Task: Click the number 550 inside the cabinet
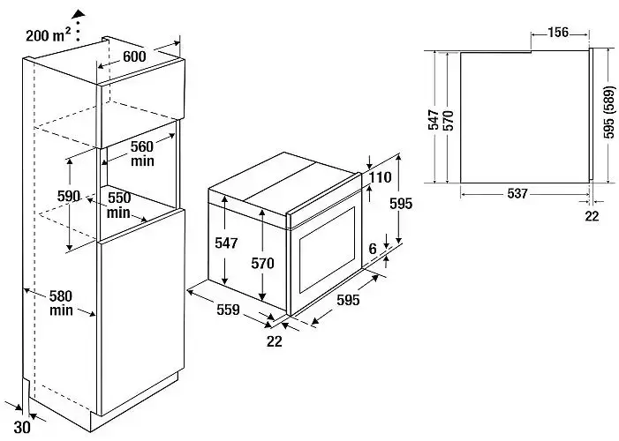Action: tap(120, 199)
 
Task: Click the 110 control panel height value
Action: tap(381, 178)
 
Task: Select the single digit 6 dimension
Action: tap(373, 250)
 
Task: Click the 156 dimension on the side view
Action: tap(557, 33)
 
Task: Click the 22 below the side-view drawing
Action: tap(592, 214)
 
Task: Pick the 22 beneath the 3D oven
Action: tap(275, 341)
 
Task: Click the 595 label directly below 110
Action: tap(401, 203)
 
